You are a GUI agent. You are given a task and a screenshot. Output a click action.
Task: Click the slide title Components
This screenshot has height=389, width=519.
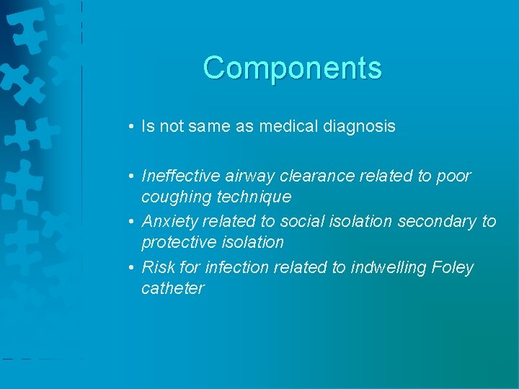(x=292, y=68)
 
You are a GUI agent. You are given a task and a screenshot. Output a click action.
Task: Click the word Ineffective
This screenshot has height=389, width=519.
(x=181, y=176)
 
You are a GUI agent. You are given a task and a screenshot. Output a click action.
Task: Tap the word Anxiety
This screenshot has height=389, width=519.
(x=170, y=221)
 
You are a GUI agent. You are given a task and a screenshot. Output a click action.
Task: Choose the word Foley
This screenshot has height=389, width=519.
(x=453, y=267)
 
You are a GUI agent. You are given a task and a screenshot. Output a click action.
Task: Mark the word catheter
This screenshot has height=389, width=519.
(x=173, y=288)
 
